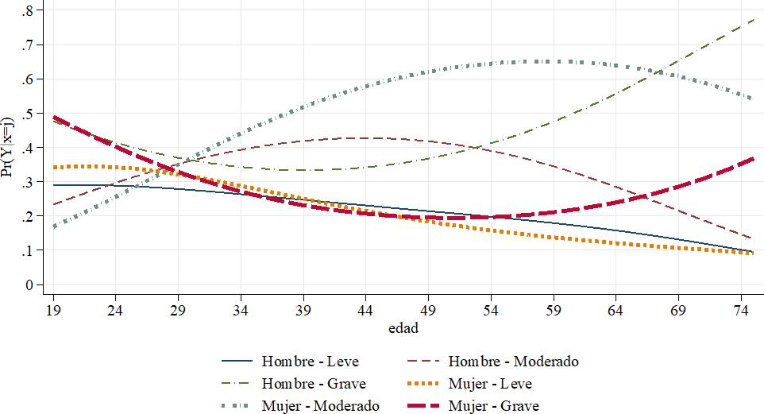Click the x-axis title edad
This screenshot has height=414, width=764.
(x=403, y=327)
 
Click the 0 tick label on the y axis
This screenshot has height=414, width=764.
(x=30, y=284)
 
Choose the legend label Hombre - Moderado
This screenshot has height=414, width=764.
(x=514, y=362)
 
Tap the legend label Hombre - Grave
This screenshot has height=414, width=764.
(x=314, y=384)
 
